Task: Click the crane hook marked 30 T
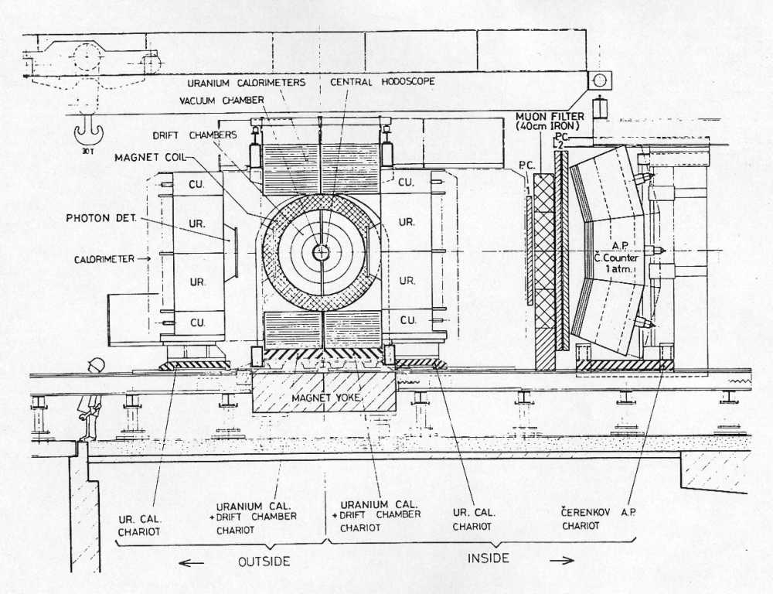[88, 133]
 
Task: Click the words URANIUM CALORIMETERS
[247, 83]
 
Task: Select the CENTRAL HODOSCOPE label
[383, 81]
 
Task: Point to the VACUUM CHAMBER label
[221, 101]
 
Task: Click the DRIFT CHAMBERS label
[202, 135]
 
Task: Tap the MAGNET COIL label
[150, 157]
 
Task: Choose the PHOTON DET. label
[101, 217]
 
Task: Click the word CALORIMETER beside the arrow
[104, 259]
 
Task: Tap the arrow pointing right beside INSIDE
[561, 560]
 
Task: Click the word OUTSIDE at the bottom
[264, 562]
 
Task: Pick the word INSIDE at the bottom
[488, 558]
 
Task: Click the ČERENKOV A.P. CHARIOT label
[598, 519]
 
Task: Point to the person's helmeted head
[96, 365]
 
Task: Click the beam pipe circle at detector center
[321, 252]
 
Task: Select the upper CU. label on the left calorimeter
[197, 184]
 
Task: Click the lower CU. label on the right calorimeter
[407, 320]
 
